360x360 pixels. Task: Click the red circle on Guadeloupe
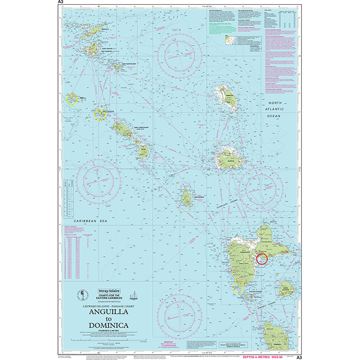click(x=262, y=259)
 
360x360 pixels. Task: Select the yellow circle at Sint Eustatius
click(x=100, y=114)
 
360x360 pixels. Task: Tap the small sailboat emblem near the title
click(x=133, y=295)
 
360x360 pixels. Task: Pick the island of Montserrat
click(x=186, y=196)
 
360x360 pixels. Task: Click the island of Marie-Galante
click(x=286, y=288)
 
